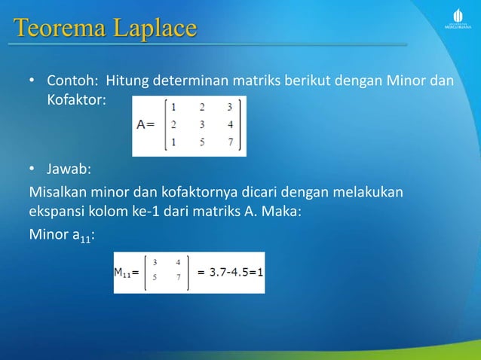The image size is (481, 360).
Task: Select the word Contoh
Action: (x=73, y=81)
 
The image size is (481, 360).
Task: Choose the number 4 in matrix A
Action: (x=229, y=125)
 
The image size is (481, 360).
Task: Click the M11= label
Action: (x=125, y=273)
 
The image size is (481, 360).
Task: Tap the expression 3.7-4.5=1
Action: (x=230, y=273)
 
